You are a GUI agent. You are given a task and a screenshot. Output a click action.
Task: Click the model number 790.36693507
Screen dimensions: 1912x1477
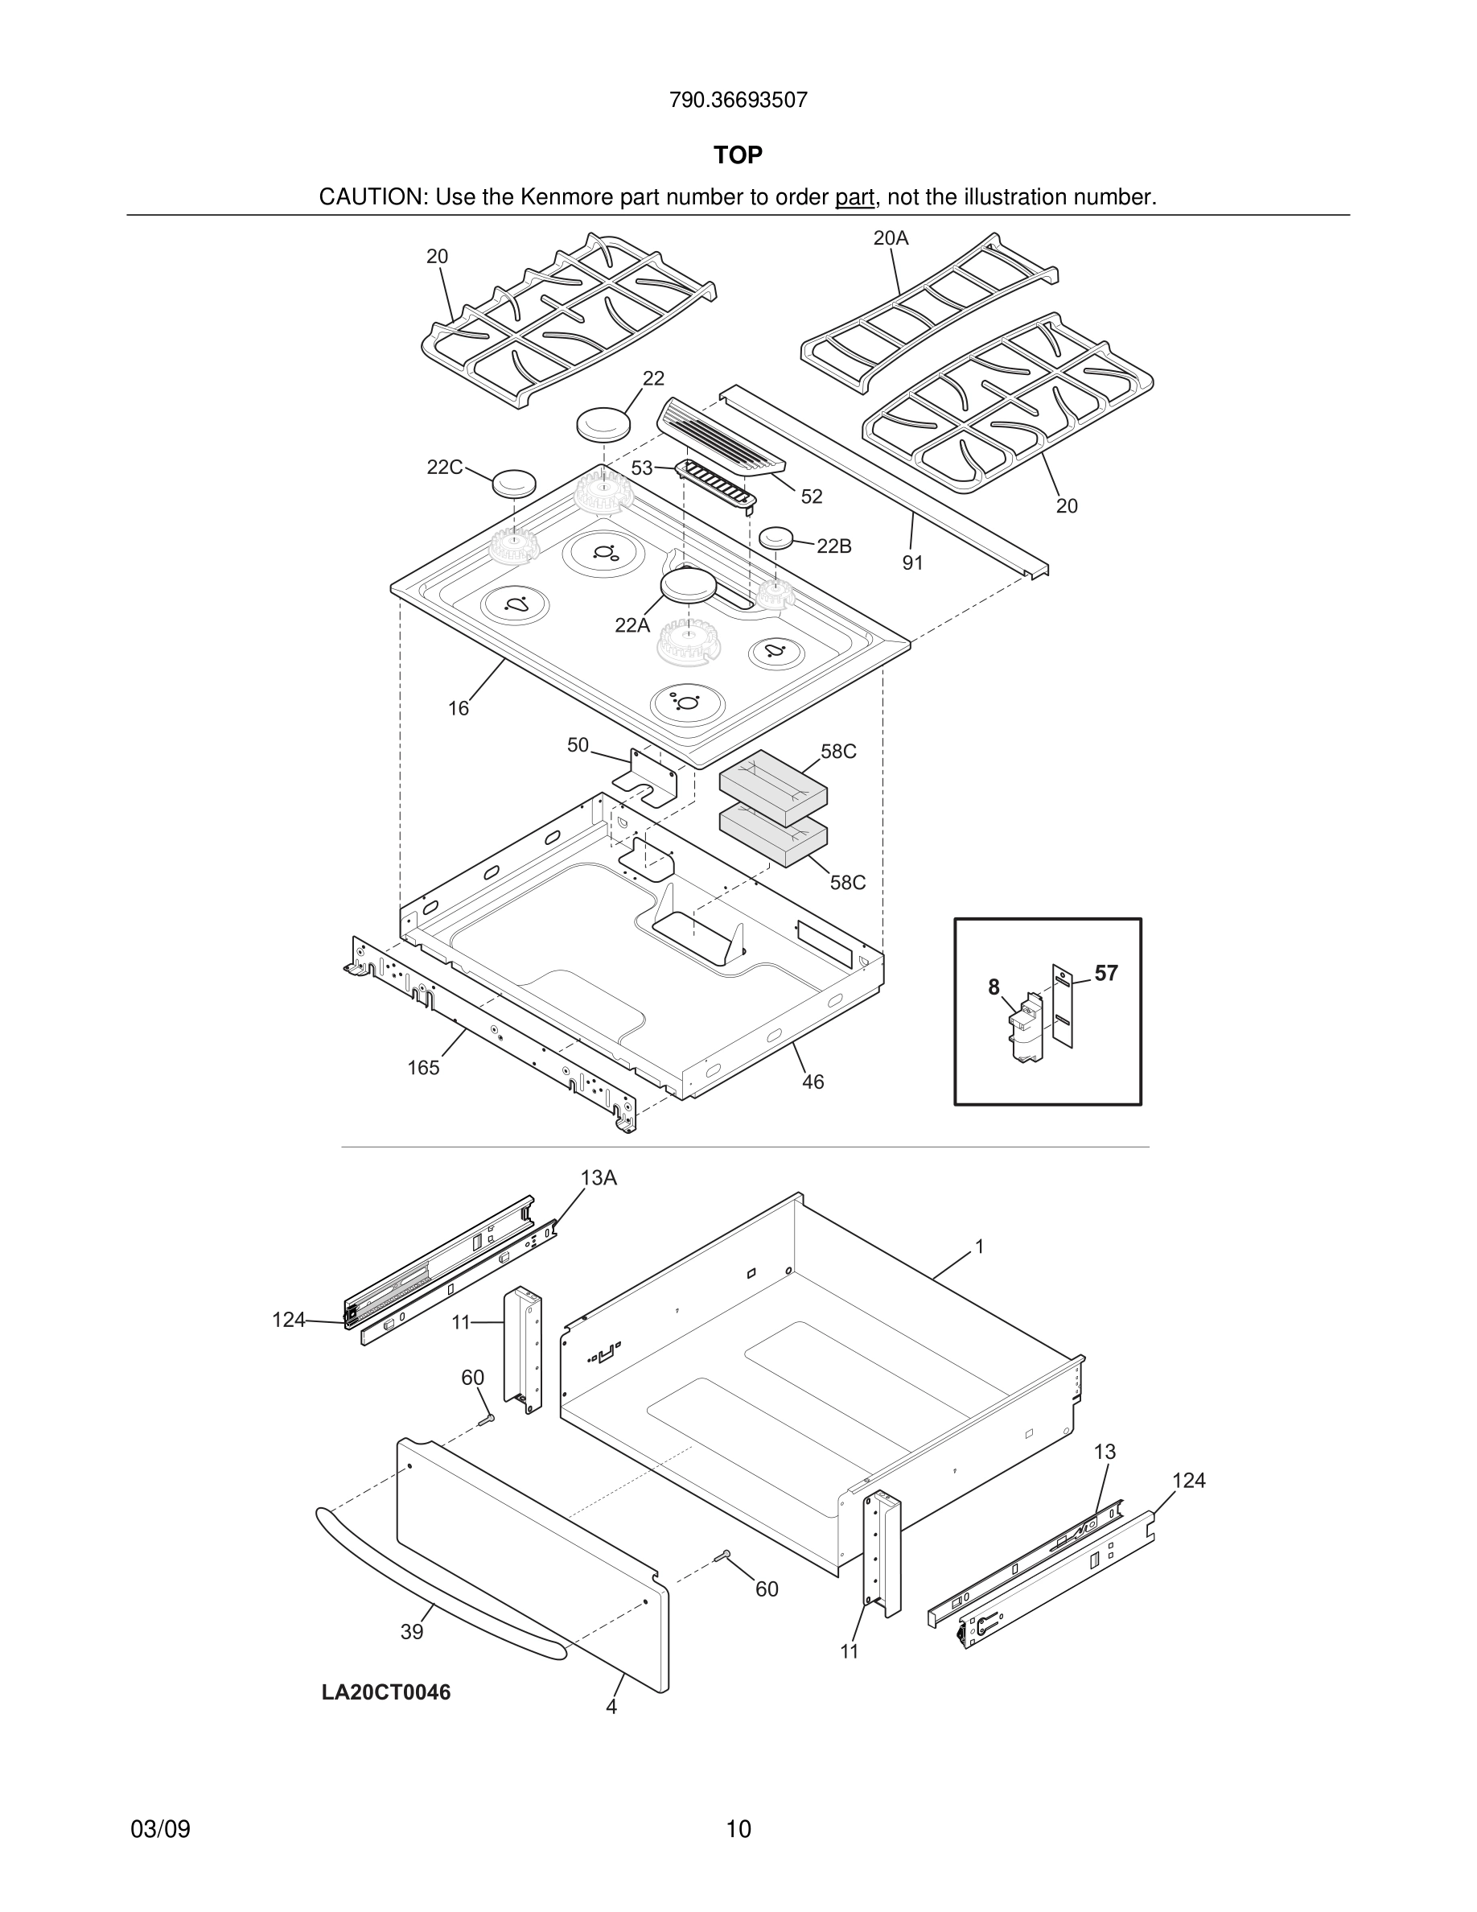pyautogui.click(x=738, y=100)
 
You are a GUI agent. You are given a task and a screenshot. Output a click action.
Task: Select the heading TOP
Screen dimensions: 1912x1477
pyautogui.click(x=738, y=155)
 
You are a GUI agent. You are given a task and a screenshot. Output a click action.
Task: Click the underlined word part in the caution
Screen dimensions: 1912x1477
pyautogui.click(x=854, y=197)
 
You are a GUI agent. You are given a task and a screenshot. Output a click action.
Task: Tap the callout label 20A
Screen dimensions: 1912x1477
pyautogui.click(x=891, y=237)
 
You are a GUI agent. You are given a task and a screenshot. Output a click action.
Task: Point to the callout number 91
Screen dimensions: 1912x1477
pyautogui.click(x=912, y=563)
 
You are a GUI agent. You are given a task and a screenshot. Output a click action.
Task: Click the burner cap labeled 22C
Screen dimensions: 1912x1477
pyautogui.click(x=513, y=481)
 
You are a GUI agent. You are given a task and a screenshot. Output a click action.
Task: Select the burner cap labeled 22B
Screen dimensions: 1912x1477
pyautogui.click(x=776, y=538)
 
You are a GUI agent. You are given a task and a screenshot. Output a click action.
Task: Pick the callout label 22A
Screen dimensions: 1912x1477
pyautogui.click(x=632, y=625)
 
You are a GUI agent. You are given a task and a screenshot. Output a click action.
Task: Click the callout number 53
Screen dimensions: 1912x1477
pyautogui.click(x=642, y=468)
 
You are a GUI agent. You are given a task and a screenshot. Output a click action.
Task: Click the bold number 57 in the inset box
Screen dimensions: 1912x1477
pyautogui.click(x=1106, y=973)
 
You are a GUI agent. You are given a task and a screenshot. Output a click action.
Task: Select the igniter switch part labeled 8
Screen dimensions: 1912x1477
pyautogui.click(x=1026, y=1029)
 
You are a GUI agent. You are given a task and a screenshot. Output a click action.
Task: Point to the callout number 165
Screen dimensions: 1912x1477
pyautogui.click(x=423, y=1068)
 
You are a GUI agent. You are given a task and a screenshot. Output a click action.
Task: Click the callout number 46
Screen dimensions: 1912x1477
pyautogui.click(x=813, y=1082)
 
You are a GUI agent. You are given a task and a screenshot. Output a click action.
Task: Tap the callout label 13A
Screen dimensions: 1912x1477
pyautogui.click(x=599, y=1178)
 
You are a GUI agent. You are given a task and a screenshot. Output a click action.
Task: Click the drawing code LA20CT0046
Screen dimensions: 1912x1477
pyautogui.click(x=386, y=1692)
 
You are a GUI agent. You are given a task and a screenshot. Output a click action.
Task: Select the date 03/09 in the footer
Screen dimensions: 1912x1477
pyautogui.click(x=160, y=1829)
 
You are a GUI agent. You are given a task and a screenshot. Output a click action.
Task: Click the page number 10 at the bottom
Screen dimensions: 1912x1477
pyautogui.click(x=738, y=1829)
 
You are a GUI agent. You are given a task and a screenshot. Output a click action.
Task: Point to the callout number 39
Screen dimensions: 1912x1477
pyautogui.click(x=411, y=1632)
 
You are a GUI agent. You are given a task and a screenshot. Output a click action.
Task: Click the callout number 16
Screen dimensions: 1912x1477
pyautogui.click(x=459, y=708)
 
